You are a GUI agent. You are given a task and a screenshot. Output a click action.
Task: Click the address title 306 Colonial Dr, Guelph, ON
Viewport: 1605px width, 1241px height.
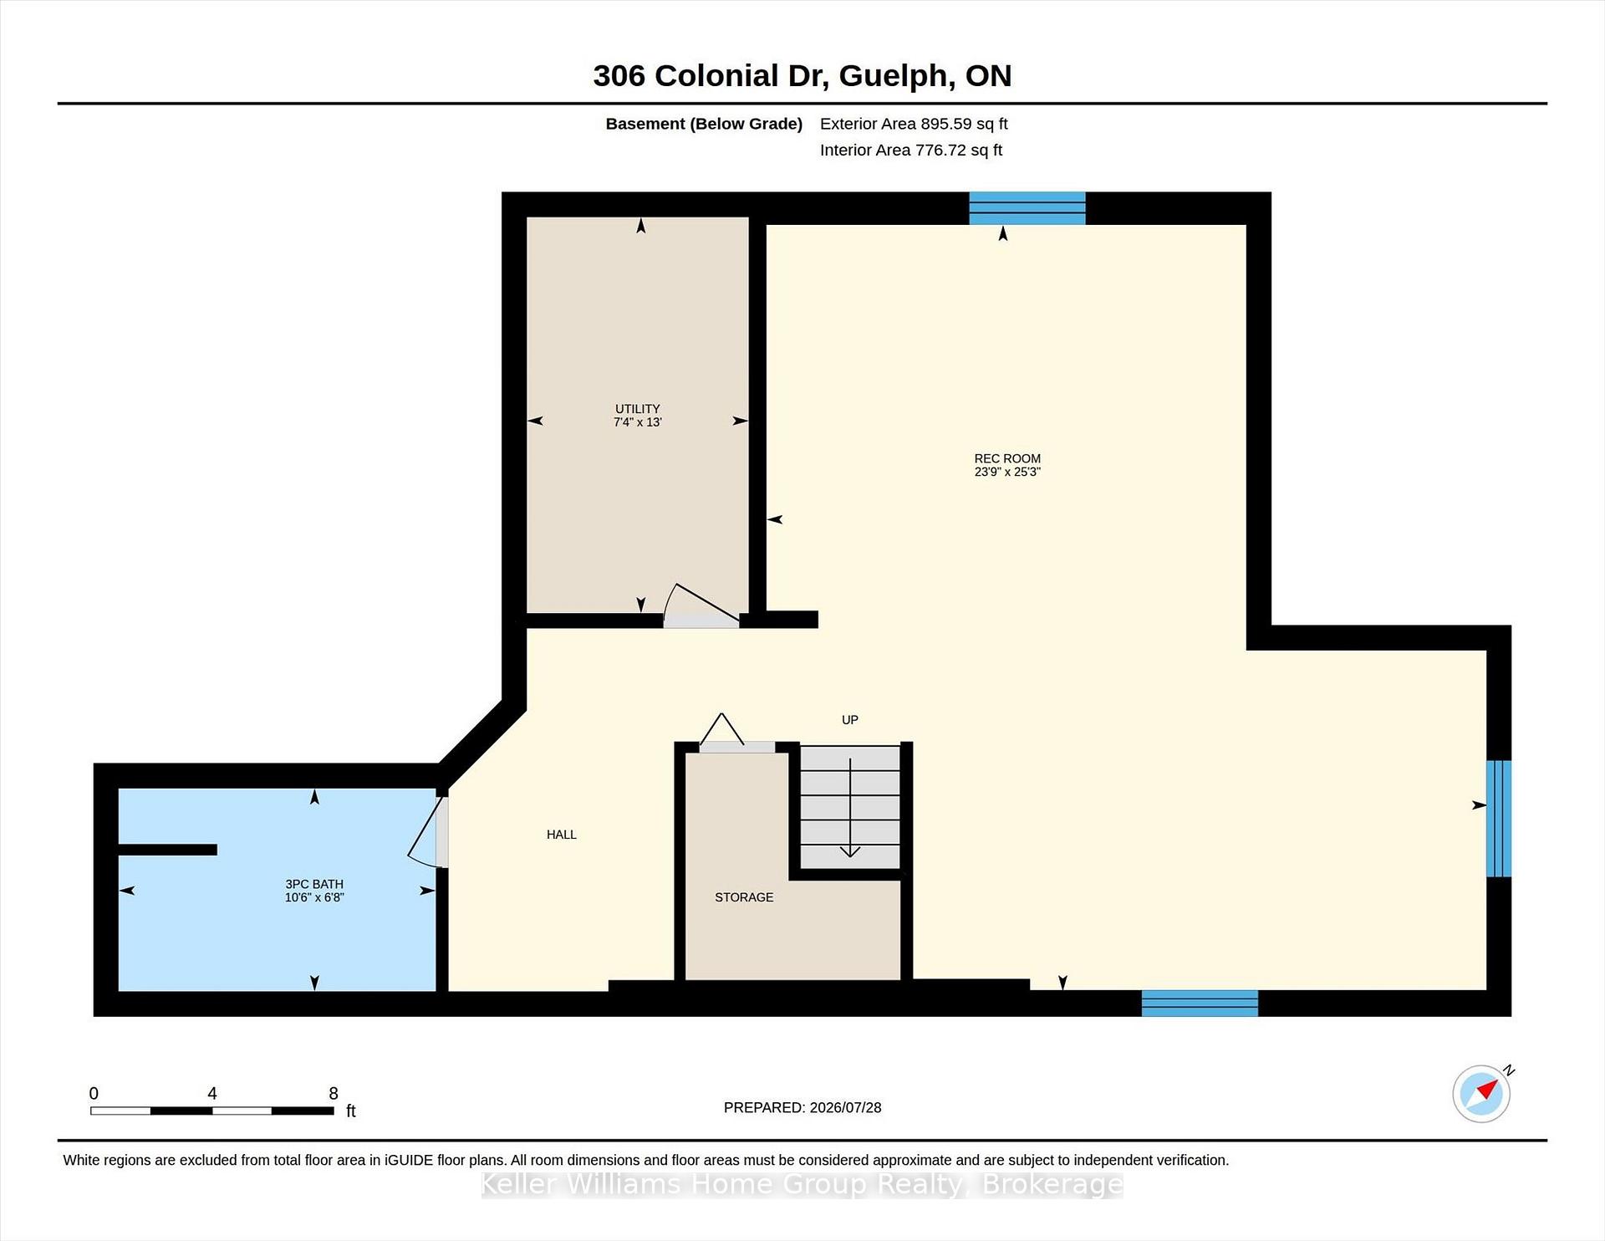click(x=802, y=76)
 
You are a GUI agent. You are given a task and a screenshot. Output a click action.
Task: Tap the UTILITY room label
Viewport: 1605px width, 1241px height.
click(x=638, y=409)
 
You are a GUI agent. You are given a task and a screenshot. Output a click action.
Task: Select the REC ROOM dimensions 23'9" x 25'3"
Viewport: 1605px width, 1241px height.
click(x=1007, y=472)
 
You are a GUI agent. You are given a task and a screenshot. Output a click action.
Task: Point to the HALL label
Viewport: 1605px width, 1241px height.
click(x=562, y=835)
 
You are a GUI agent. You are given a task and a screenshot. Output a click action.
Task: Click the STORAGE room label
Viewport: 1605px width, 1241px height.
click(x=744, y=897)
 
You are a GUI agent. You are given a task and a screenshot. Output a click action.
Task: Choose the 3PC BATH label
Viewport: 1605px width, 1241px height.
click(x=314, y=884)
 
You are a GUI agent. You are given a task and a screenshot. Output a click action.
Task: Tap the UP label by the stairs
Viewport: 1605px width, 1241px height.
click(x=850, y=720)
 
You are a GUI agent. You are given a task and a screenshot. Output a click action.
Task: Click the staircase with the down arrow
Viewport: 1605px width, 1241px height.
click(x=850, y=808)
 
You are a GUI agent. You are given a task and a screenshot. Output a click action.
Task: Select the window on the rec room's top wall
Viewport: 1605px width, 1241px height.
click(x=1027, y=208)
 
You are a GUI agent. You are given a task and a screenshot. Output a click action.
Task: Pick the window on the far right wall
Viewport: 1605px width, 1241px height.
click(x=1499, y=819)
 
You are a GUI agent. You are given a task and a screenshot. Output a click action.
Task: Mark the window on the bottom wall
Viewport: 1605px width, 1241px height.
click(x=1200, y=1004)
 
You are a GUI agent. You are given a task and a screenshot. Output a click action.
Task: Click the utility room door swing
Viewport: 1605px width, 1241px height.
click(x=701, y=605)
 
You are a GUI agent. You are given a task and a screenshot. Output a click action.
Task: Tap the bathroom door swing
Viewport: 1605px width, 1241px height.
click(x=428, y=833)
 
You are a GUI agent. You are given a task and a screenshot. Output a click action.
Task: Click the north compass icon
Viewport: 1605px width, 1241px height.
click(x=1481, y=1093)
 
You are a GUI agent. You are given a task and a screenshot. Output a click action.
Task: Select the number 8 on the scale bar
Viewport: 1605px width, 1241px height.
click(x=334, y=1093)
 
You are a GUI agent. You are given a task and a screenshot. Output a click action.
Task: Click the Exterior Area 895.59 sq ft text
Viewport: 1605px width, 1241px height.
click(x=914, y=124)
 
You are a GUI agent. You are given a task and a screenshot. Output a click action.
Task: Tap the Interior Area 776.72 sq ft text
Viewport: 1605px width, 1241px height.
click(x=911, y=151)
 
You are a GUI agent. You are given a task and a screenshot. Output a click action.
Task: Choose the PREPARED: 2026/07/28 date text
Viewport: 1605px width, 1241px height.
click(x=802, y=1107)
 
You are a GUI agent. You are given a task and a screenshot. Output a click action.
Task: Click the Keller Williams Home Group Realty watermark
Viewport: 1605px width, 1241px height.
click(x=802, y=1184)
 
